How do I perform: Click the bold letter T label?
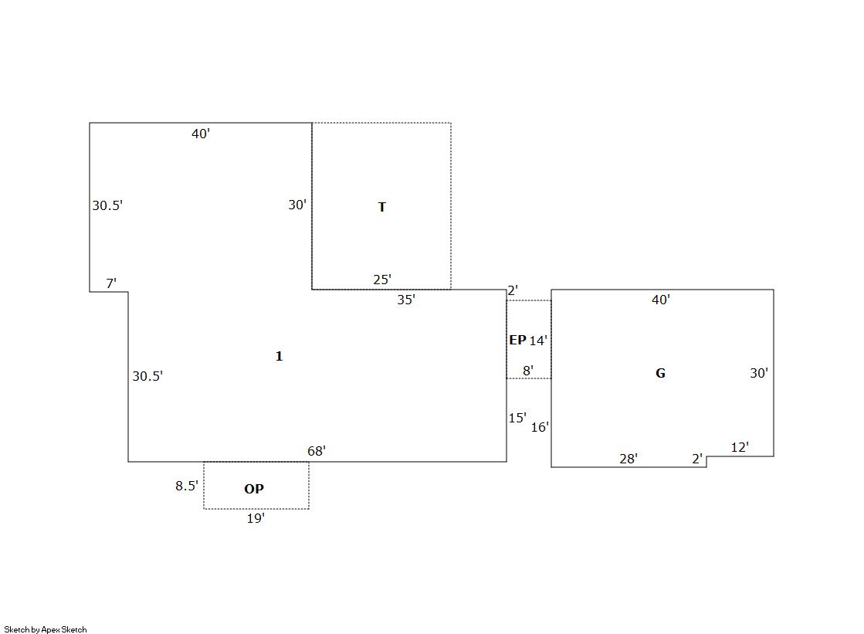[x=382, y=207]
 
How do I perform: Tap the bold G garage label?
[x=660, y=373]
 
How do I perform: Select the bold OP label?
[x=254, y=489]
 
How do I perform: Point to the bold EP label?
[x=517, y=340]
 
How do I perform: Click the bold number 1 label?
[x=279, y=356]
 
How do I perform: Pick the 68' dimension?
[x=317, y=451]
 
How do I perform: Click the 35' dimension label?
[x=406, y=300]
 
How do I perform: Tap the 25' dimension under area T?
[x=382, y=280]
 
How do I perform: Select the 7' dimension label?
[x=111, y=283]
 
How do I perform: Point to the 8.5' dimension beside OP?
[x=187, y=486]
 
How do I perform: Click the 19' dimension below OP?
[x=256, y=518]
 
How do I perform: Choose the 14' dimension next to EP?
[x=538, y=341]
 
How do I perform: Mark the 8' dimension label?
[x=528, y=371]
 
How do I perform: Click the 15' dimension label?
[x=517, y=418]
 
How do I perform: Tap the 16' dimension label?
[x=540, y=427]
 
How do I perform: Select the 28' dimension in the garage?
[x=629, y=459]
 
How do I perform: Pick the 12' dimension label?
[x=740, y=447]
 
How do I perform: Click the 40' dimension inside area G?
[x=661, y=300]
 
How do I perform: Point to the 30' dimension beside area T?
[x=297, y=205]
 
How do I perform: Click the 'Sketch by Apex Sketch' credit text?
[x=46, y=629]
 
